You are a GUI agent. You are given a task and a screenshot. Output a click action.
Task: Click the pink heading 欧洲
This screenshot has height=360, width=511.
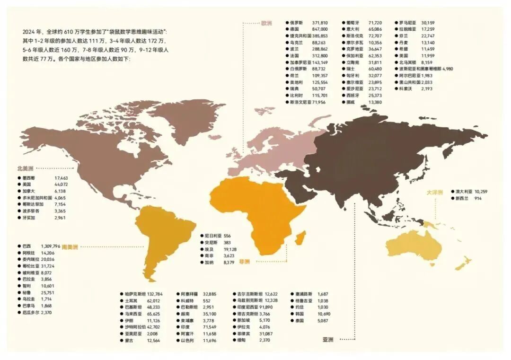(266, 22)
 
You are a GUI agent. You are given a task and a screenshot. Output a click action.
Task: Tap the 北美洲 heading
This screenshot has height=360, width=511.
(25, 168)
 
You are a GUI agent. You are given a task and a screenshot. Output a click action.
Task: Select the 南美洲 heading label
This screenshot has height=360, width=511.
(70, 246)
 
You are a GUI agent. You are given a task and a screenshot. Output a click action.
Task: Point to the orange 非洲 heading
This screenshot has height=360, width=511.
(244, 261)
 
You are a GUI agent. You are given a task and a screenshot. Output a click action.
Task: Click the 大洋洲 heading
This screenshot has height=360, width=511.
(434, 192)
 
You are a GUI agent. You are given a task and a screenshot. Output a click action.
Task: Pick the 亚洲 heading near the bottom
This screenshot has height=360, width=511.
(328, 339)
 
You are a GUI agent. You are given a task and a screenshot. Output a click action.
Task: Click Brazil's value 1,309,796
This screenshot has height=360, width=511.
(51, 246)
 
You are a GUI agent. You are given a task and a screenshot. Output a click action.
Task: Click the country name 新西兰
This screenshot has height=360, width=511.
(462, 198)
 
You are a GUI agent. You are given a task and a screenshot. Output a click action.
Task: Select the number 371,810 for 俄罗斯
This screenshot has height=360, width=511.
(320, 22)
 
